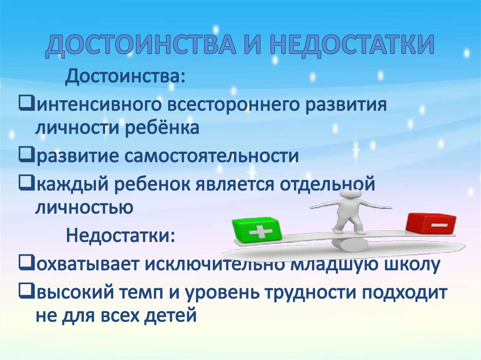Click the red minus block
pos(431,224)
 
